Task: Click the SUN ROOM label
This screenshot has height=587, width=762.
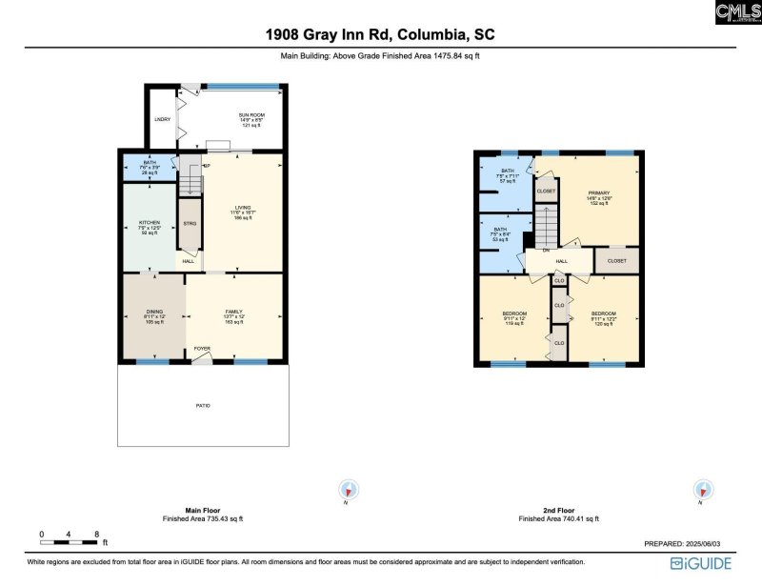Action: (251, 114)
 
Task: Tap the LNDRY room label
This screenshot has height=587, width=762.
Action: (162, 119)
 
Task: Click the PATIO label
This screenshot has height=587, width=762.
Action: (203, 406)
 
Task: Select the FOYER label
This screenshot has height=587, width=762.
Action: (202, 349)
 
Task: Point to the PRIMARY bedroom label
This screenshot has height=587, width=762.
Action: (598, 192)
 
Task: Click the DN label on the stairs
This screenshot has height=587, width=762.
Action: (546, 252)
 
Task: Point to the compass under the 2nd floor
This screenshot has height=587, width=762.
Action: (703, 490)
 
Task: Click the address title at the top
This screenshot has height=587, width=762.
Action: (380, 35)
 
